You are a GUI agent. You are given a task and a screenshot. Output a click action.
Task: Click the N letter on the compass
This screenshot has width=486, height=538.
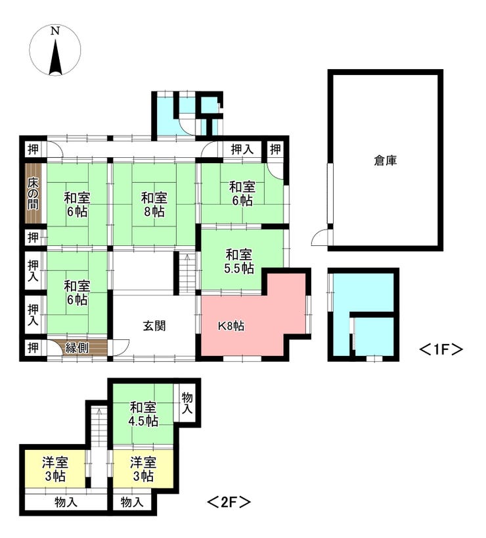(x=55, y=30)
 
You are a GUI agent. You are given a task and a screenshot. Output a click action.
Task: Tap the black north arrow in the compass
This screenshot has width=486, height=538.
(x=55, y=58)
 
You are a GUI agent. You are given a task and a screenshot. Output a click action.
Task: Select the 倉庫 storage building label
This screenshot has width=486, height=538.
(x=386, y=160)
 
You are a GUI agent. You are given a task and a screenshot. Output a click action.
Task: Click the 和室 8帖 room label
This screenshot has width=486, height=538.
(x=154, y=205)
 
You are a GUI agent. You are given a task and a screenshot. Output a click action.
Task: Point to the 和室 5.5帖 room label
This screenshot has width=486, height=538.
(x=239, y=261)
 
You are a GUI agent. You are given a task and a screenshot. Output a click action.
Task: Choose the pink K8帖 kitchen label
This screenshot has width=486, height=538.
(x=231, y=326)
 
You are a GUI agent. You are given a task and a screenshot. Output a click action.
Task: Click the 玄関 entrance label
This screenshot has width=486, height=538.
(x=154, y=326)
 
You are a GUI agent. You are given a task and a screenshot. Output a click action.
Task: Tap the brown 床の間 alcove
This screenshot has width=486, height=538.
(x=33, y=193)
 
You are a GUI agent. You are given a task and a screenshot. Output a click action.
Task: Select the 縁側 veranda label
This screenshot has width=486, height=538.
(x=77, y=348)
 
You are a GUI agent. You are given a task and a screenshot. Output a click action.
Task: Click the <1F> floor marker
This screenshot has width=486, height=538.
(x=441, y=349)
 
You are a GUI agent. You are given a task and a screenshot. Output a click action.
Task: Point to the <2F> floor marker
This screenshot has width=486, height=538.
(x=229, y=502)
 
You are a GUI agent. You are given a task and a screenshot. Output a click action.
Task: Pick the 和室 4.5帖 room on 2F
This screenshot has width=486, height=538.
(x=143, y=414)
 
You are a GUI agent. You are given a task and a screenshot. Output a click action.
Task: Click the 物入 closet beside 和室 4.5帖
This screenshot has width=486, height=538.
(x=187, y=403)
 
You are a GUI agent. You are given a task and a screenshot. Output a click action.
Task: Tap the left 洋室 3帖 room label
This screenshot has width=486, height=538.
(x=55, y=469)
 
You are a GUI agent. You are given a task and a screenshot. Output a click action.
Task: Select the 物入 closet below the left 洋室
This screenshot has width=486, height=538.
(x=66, y=502)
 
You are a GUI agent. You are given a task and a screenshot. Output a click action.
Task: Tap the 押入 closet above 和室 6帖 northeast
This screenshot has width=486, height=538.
(x=242, y=149)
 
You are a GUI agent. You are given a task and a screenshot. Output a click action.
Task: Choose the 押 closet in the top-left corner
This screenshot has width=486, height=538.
(x=33, y=149)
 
